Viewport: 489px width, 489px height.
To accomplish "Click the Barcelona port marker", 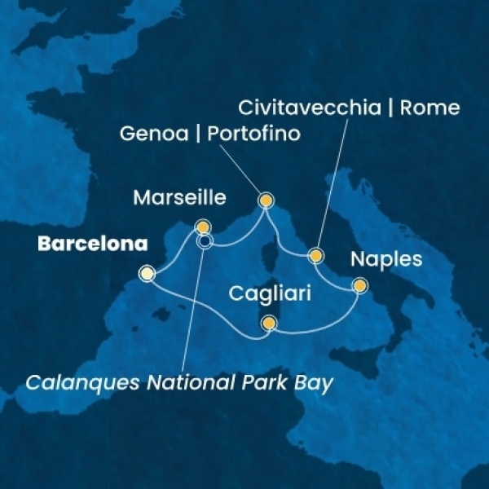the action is [x=147, y=274].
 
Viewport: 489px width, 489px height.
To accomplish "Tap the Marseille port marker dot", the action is [x=203, y=227].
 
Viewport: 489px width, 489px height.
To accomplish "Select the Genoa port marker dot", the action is [x=266, y=200].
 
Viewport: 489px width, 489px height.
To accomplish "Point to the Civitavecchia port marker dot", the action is [x=316, y=256].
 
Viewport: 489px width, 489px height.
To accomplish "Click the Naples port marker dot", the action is [x=359, y=285].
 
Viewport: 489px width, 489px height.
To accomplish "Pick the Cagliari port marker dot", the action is [x=268, y=324].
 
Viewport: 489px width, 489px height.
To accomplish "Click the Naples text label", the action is [x=386, y=261].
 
